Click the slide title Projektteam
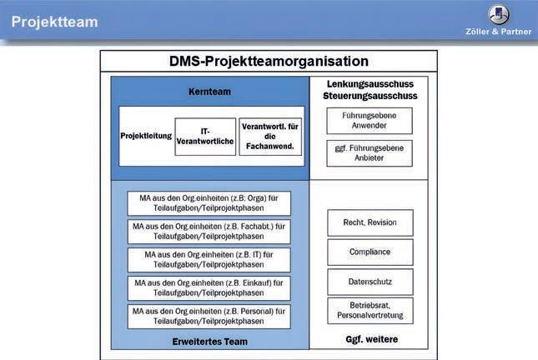click(54, 22)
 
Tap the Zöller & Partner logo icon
click(500, 14)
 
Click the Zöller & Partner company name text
click(500, 31)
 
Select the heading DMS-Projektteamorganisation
click(269, 62)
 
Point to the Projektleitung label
click(145, 135)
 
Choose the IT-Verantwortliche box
click(205, 136)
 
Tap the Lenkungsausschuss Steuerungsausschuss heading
click(370, 90)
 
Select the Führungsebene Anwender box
click(370, 121)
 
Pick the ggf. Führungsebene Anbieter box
click(370, 152)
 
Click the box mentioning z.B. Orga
click(209, 202)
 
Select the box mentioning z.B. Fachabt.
click(209, 231)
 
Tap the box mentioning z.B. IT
click(209, 259)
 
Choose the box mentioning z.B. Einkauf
click(209, 287)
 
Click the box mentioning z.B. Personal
click(209, 316)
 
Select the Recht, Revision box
click(370, 222)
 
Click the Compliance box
click(370, 252)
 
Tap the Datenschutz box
click(370, 281)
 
